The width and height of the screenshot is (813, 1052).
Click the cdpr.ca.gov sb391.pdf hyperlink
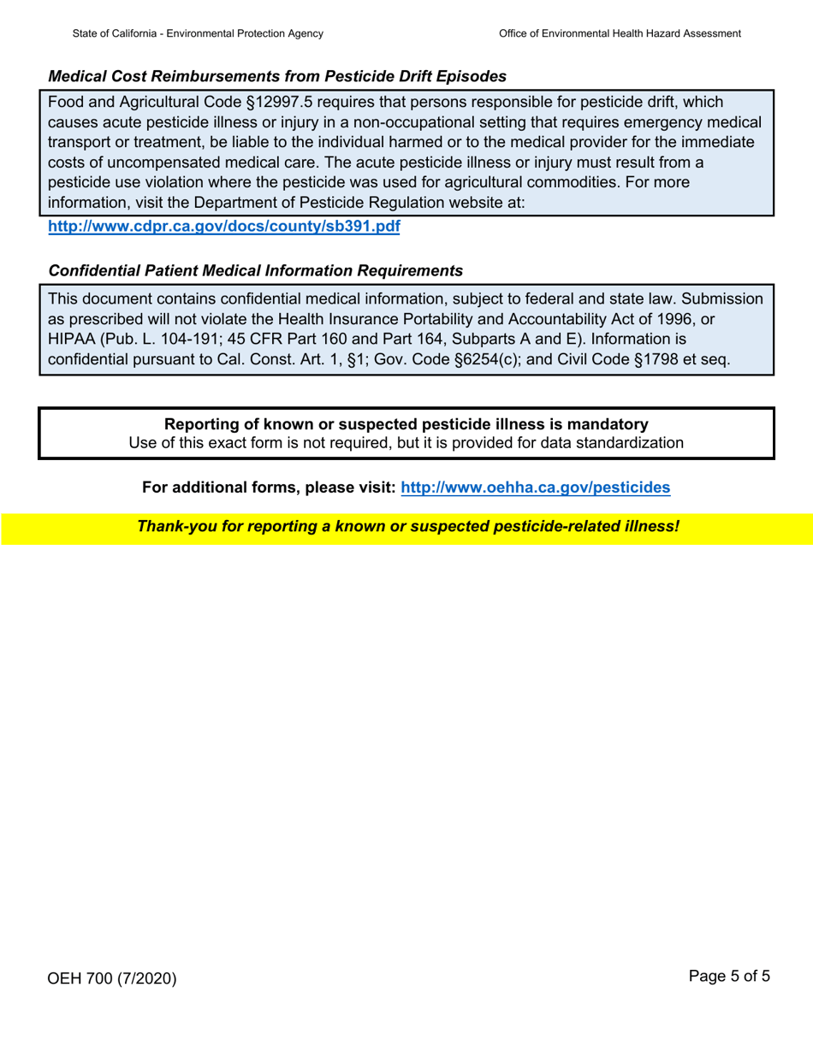224,228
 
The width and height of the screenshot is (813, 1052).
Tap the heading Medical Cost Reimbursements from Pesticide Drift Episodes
277,76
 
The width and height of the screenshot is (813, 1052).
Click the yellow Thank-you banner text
408,526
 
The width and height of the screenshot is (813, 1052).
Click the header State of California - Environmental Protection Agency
198,33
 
